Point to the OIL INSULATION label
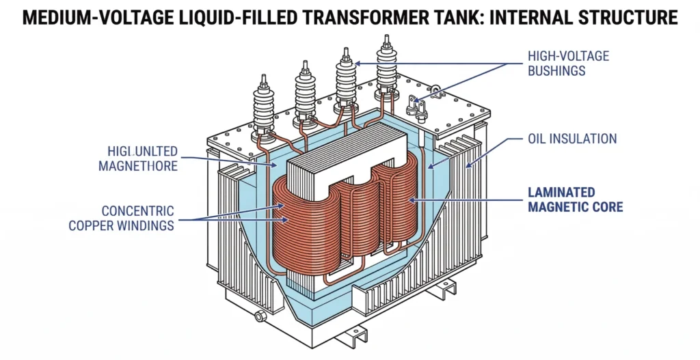tap(573, 139)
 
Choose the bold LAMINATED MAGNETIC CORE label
tap(575, 199)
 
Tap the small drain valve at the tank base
tap(259, 316)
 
